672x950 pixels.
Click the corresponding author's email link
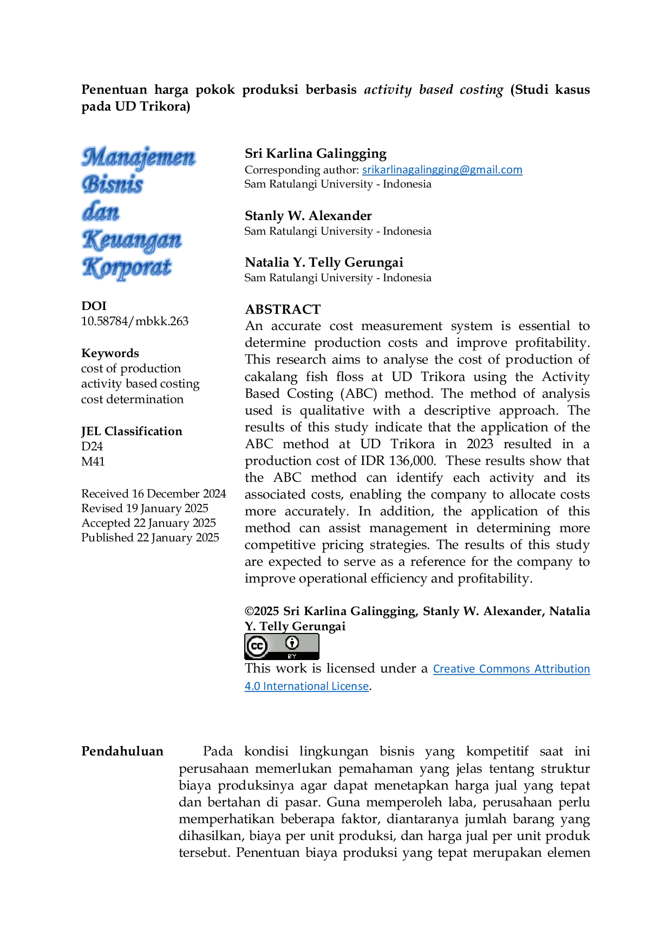pos(442,170)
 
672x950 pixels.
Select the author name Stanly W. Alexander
pos(308,216)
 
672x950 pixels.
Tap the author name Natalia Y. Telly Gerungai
pos(324,262)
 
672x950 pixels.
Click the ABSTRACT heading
pos(283,309)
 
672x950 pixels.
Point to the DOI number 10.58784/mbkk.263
pos(135,321)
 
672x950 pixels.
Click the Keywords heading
pos(110,353)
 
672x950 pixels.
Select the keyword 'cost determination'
pos(132,399)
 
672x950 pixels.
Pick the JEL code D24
pos(92,447)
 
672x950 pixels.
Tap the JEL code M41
pos(93,462)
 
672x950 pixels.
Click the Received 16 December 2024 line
pos(154,494)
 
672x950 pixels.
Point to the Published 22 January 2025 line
pos(150,538)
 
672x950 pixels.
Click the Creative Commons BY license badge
pos(282,647)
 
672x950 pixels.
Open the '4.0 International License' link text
pos(306,686)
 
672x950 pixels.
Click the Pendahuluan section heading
pos(122,751)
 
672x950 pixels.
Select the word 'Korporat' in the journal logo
pos(127,268)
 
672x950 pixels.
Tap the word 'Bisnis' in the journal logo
pos(113,184)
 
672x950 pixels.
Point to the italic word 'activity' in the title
pos(388,89)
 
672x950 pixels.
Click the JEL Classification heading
pos(132,431)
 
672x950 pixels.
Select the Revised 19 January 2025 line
pos(145,508)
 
